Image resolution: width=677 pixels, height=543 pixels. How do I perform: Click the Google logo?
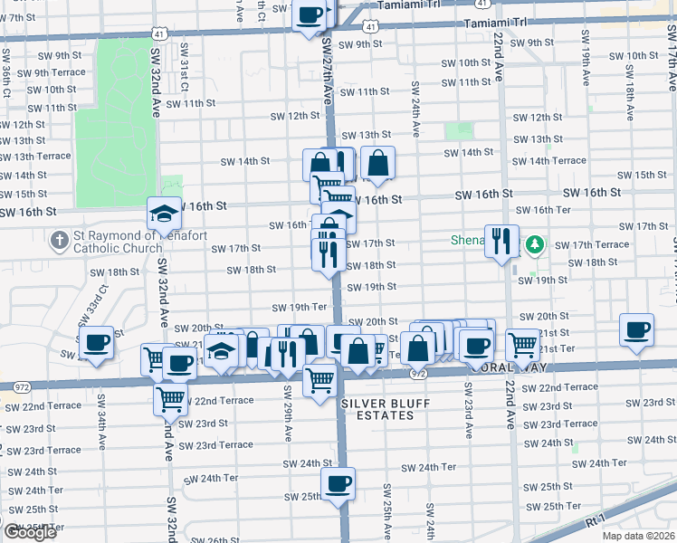[30, 532]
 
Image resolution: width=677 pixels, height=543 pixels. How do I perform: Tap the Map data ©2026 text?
[639, 536]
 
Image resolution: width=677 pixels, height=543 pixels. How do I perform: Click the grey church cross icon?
[60, 241]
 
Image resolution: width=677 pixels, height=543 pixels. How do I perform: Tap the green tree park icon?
[536, 243]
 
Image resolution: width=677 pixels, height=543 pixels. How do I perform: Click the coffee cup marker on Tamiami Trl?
[310, 14]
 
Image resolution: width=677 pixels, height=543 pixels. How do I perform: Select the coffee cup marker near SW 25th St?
[338, 483]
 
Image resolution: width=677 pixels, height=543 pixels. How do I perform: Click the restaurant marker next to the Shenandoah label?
[501, 241]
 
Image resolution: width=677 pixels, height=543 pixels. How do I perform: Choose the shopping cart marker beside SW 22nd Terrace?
[170, 397]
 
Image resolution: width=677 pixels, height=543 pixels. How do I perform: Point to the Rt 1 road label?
[595, 522]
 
